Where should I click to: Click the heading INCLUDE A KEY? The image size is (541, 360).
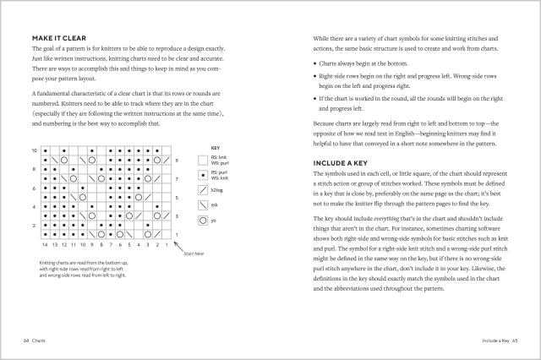point(342,162)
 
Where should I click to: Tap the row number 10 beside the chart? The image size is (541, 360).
point(35,150)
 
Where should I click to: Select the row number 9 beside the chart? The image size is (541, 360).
point(178,161)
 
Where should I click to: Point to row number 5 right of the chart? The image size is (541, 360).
point(178,198)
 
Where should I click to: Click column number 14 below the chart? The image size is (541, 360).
point(45,244)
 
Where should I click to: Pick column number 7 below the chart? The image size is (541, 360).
point(111,244)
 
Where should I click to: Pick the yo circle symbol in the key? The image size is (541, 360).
point(202,221)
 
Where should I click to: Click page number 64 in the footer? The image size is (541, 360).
point(28,341)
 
